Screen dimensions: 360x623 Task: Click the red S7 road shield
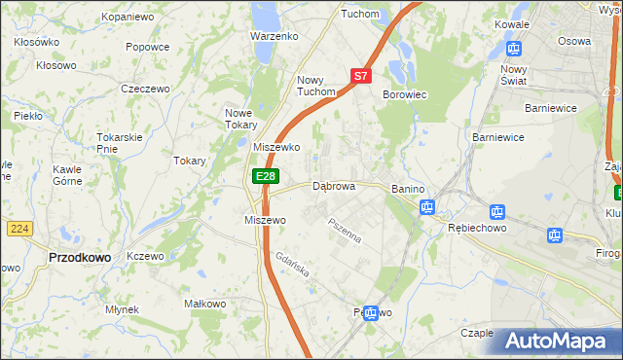click(360, 75)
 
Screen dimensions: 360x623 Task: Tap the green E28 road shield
click(266, 175)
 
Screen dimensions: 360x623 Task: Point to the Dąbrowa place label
click(333, 185)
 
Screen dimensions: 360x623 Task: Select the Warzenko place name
click(274, 36)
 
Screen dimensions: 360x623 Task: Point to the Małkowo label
click(204, 305)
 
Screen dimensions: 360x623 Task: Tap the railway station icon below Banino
click(426, 206)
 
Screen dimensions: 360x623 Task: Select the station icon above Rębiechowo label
click(496, 211)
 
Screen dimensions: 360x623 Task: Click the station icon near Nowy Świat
click(515, 48)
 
